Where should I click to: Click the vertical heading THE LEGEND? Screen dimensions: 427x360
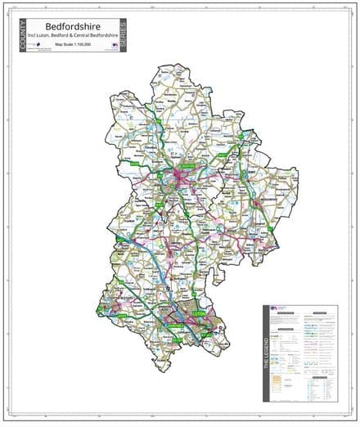268,353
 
